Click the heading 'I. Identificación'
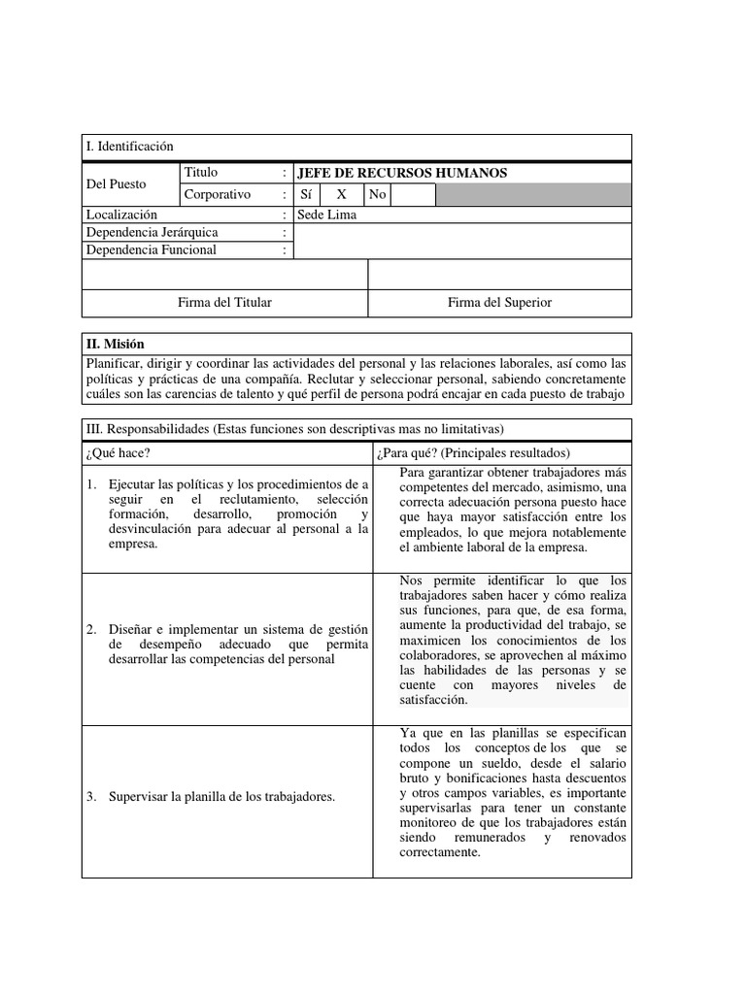point(129,147)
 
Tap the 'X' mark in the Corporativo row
point(341,194)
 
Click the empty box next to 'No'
point(413,195)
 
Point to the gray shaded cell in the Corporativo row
point(532,195)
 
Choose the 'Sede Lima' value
point(327,215)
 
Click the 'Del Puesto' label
point(116,183)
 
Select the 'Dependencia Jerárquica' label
point(152,232)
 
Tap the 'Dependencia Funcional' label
point(151,249)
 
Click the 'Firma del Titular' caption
point(224,303)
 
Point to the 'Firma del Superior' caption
point(499,303)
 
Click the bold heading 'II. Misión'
point(115,344)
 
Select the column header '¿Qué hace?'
point(118,453)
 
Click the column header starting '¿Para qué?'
point(472,453)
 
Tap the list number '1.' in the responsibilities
point(90,483)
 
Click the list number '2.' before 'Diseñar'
point(90,630)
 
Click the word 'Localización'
point(121,215)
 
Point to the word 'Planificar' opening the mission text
point(114,362)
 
